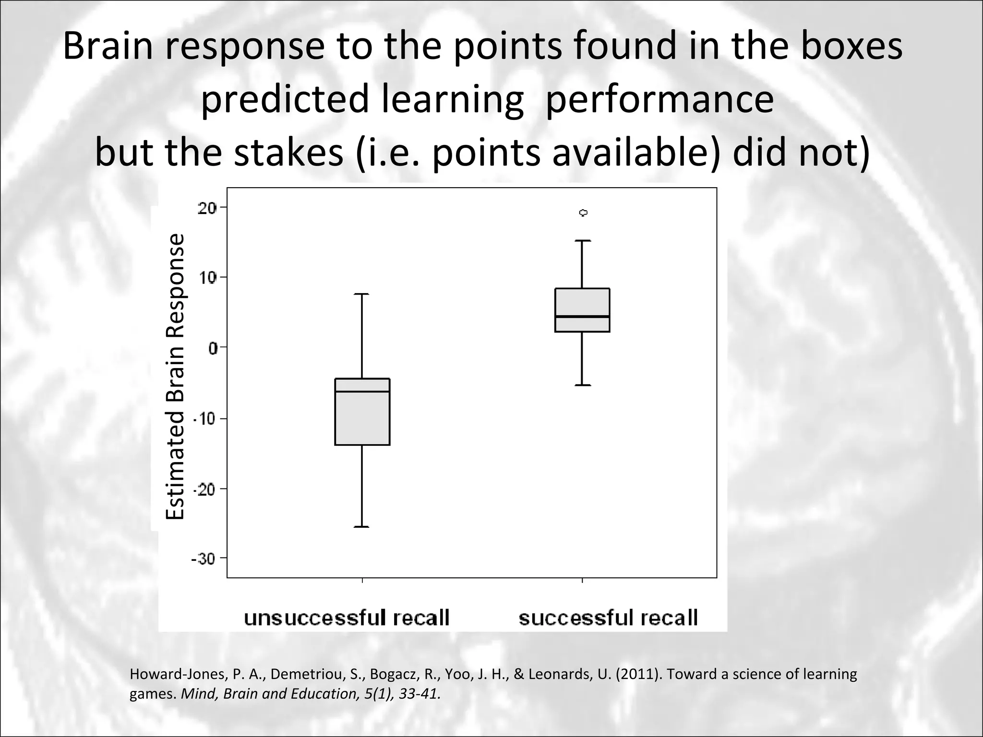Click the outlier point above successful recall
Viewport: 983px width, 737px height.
tap(583, 213)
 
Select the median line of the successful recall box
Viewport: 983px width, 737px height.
tap(582, 316)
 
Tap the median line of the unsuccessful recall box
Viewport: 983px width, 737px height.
tap(362, 392)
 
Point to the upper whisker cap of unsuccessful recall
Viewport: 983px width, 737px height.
tap(361, 294)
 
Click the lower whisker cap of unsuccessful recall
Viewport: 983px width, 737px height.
tap(361, 527)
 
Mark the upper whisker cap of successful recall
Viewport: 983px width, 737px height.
tap(582, 240)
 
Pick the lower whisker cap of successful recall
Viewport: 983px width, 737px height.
tap(582, 385)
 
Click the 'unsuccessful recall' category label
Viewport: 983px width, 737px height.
tap(347, 618)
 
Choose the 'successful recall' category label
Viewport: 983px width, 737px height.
tap(608, 618)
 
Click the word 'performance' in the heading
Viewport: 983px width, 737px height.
tap(659, 99)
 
